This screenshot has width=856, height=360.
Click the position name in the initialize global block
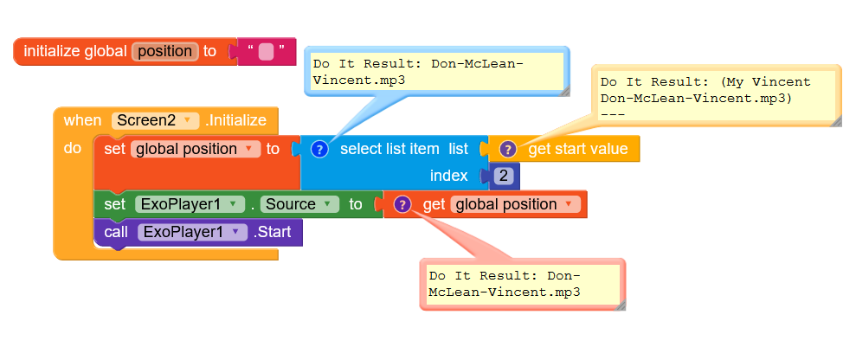point(164,51)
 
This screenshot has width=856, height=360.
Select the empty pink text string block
point(266,51)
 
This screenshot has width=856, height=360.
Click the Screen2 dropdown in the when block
point(155,120)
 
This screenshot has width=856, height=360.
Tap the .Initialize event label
point(236,120)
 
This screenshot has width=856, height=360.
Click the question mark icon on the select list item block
point(319,149)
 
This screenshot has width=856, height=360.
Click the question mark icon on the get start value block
point(507,149)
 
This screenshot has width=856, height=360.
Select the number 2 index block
point(504,176)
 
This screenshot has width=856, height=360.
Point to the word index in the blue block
point(448,176)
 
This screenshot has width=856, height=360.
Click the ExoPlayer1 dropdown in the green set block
point(187,204)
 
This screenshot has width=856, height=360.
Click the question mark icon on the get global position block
point(402,204)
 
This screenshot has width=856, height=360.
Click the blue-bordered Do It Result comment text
point(434,72)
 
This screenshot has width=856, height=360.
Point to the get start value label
point(577,149)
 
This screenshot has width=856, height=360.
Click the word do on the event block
point(73,149)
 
